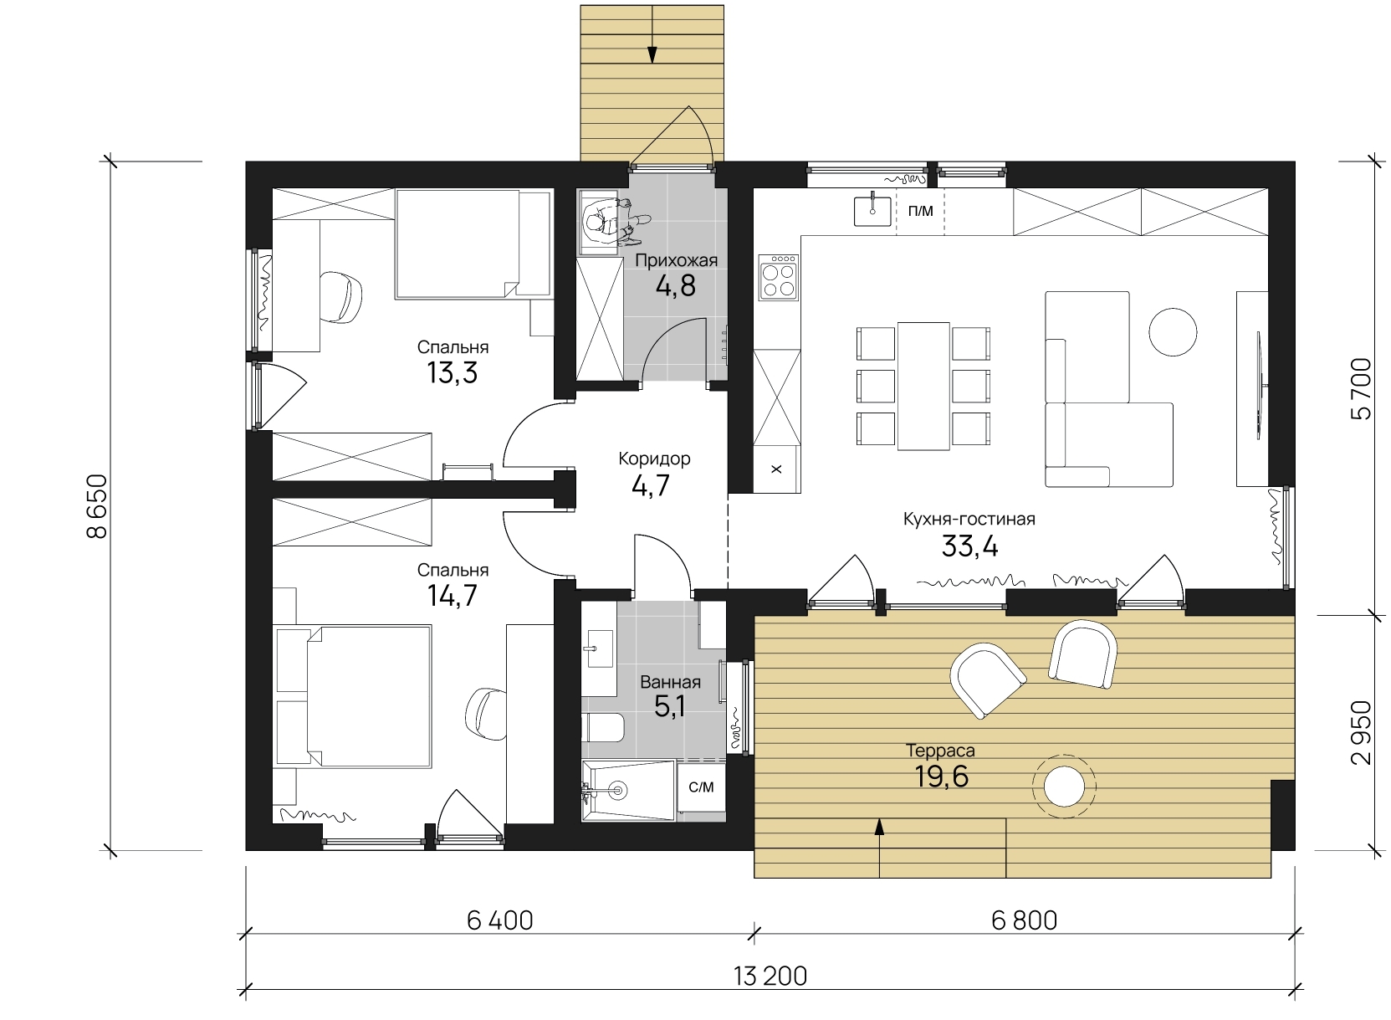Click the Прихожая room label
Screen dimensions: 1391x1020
(676, 261)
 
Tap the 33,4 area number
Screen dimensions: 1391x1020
(969, 546)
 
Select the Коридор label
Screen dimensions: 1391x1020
(654, 459)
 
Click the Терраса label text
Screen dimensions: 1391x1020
(940, 751)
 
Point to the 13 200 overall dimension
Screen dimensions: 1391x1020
(770, 976)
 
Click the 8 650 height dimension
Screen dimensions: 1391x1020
(98, 506)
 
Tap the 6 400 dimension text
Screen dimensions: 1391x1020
(500, 920)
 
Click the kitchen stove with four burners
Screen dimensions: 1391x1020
(779, 277)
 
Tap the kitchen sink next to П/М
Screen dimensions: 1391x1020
(872, 210)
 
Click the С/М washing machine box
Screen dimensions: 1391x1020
(701, 787)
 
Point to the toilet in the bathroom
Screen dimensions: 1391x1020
(603, 727)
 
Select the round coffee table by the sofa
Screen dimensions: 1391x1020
(1173, 332)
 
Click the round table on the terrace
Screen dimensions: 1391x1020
(1064, 787)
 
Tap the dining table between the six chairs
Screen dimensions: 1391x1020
(923, 386)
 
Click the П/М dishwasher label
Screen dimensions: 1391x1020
(920, 211)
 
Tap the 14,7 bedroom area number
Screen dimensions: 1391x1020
(452, 596)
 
